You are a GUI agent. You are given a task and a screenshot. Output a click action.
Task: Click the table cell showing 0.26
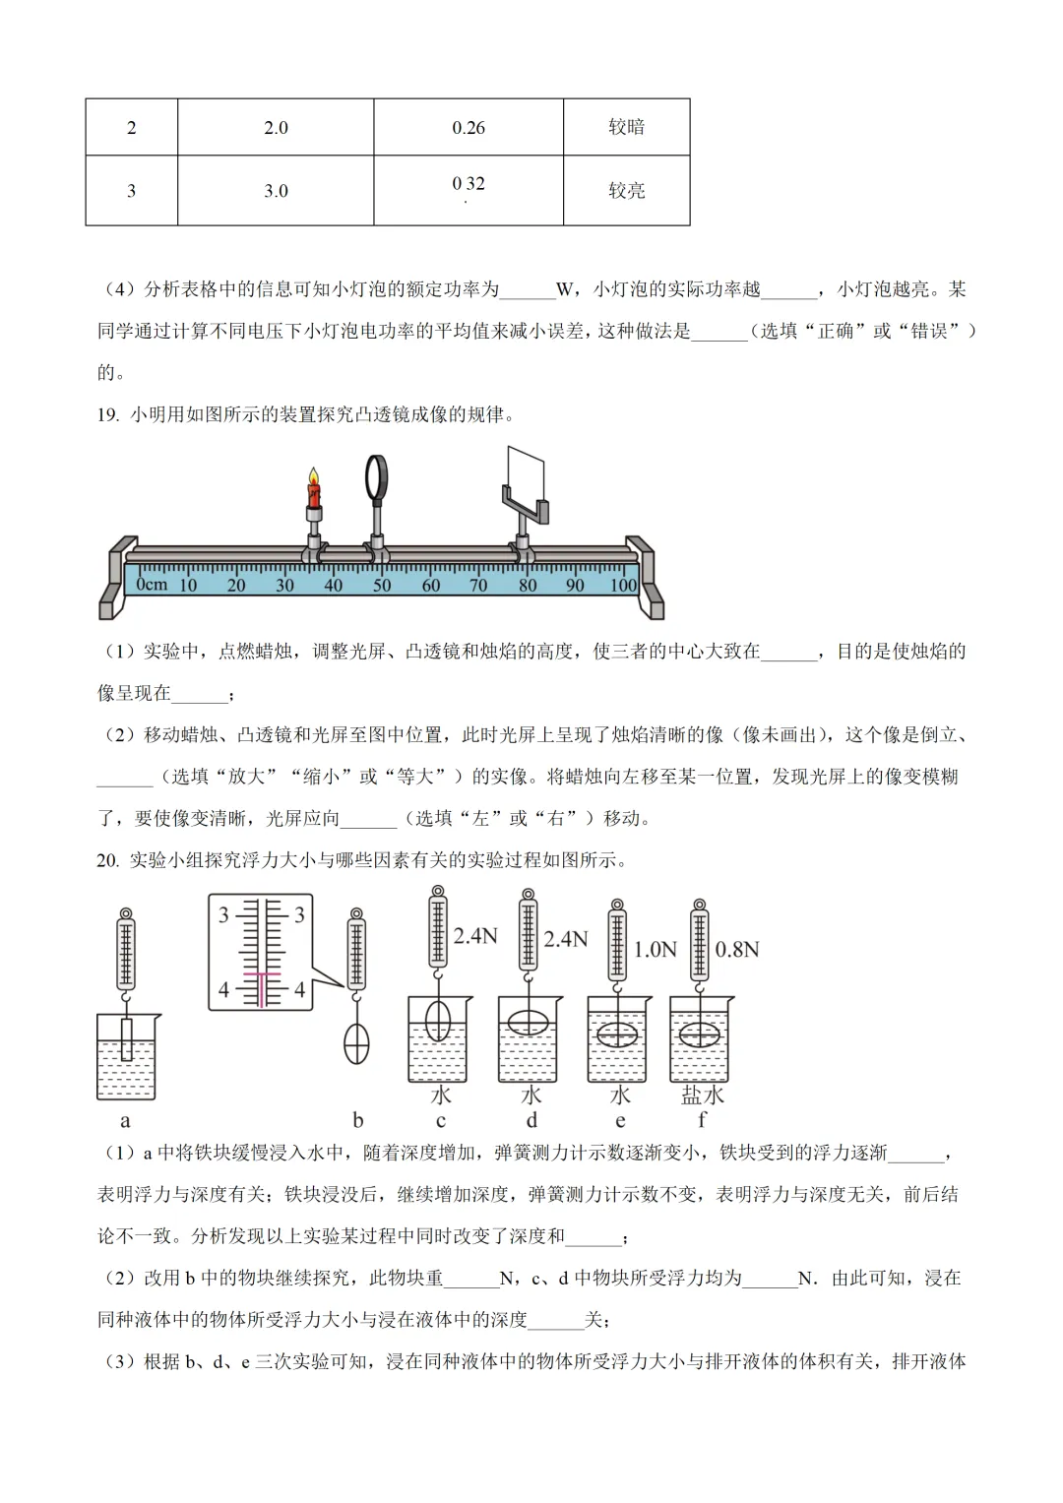point(469,128)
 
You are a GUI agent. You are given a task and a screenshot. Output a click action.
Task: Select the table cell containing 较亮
point(626,191)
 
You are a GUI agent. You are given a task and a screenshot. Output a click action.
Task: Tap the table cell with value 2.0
point(276,128)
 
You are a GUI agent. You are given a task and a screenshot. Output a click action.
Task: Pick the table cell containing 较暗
point(626,127)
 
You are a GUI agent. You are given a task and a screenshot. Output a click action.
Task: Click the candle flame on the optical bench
point(314,479)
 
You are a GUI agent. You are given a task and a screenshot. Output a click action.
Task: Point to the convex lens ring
point(377,477)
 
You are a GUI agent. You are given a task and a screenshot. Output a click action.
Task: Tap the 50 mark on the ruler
point(382,586)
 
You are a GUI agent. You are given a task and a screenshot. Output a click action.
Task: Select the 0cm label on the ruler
point(152,585)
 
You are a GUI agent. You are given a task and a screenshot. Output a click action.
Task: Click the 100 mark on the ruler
point(623,586)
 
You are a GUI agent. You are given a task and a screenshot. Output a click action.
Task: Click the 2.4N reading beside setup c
point(475,936)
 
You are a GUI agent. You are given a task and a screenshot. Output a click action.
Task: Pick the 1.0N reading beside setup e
point(655,950)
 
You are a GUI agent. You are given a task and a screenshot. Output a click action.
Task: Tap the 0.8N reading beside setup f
point(736,950)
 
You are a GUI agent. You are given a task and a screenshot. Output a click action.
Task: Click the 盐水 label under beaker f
point(702,1095)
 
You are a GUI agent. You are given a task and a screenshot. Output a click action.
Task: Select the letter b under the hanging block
point(357,1120)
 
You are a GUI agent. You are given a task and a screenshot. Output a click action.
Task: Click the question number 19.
point(107,414)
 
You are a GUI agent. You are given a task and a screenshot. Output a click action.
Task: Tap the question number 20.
point(107,860)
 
